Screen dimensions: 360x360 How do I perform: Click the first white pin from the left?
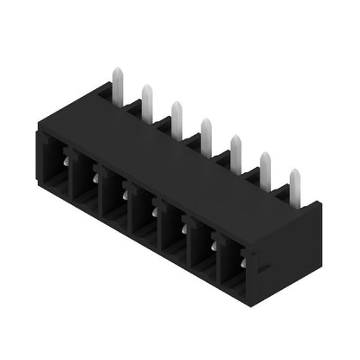114,83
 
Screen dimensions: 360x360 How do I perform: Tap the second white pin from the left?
147,99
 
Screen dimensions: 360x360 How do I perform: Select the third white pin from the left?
177,115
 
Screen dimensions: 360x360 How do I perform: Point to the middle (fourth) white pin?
206,132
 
